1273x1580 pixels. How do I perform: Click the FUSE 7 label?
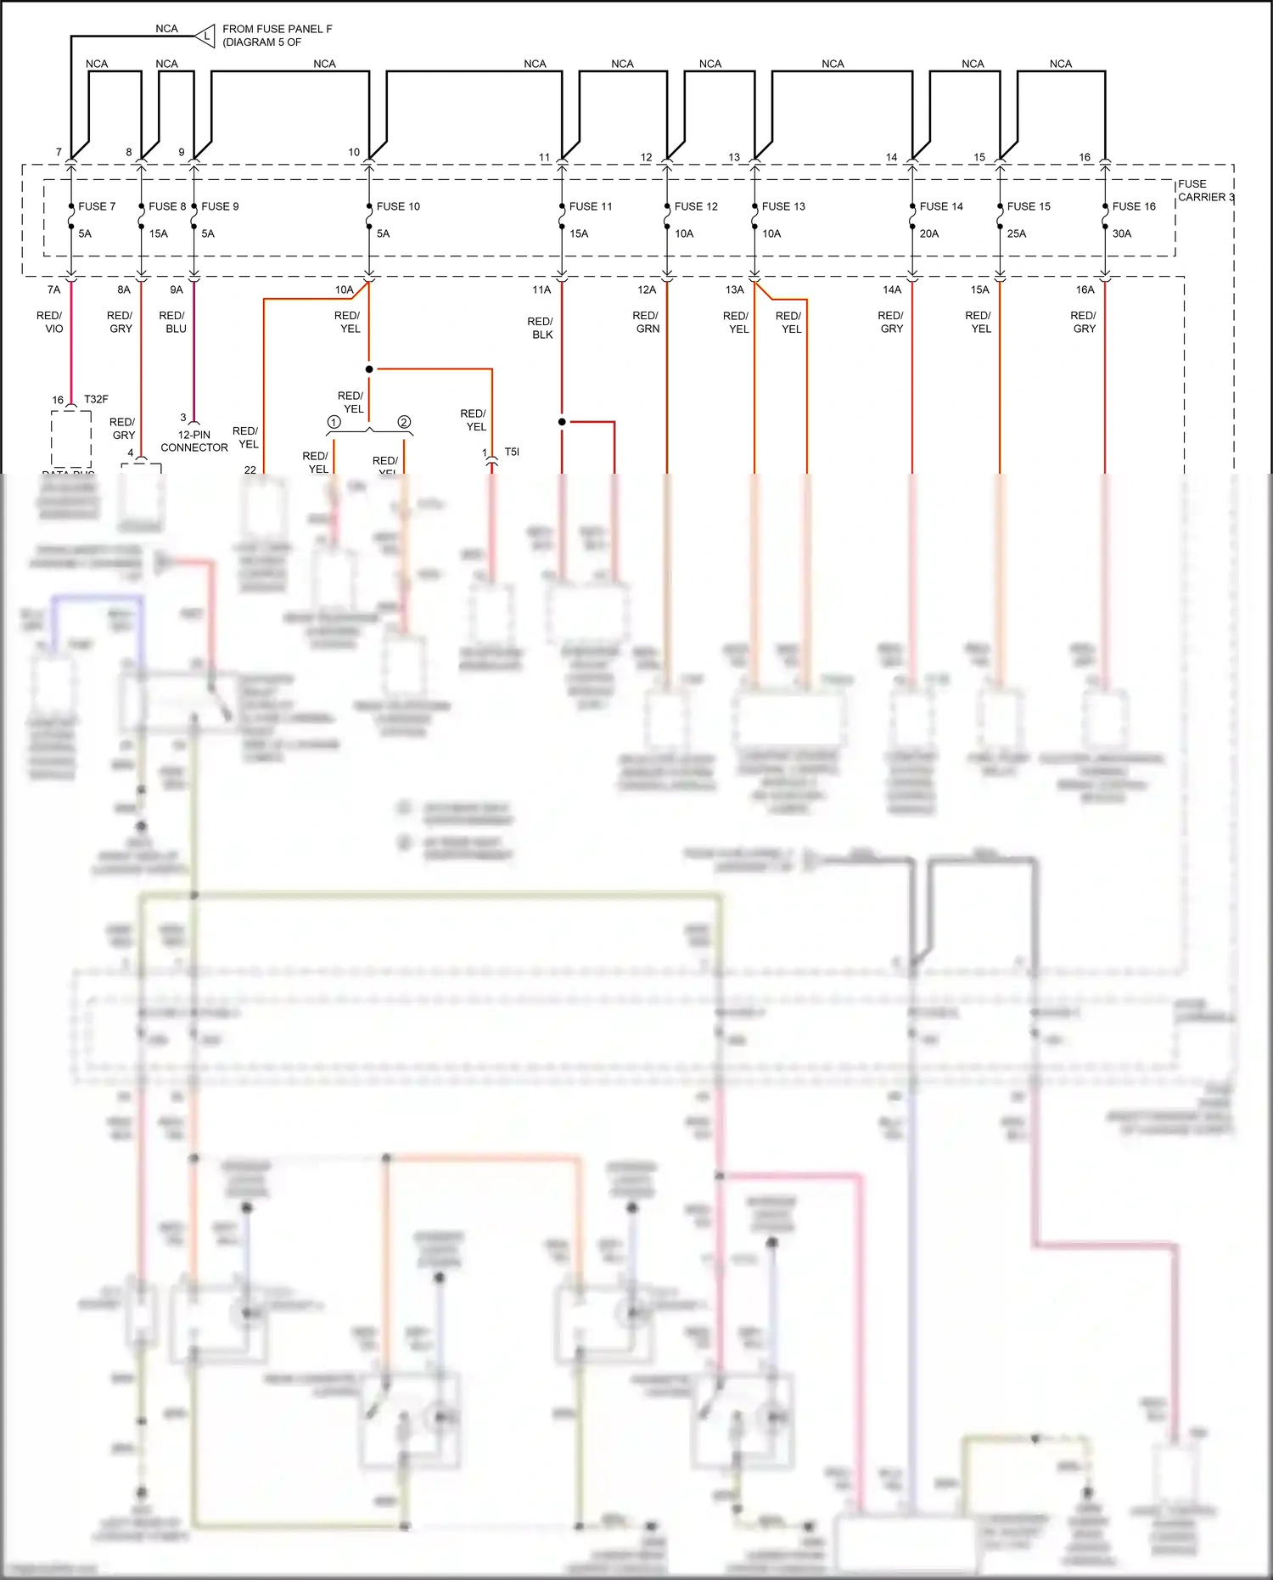click(97, 206)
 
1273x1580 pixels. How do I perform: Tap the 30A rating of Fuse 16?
click(1121, 233)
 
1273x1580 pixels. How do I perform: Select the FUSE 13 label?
click(782, 206)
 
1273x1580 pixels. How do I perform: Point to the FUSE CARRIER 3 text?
click(1205, 190)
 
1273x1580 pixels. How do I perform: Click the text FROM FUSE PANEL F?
click(277, 29)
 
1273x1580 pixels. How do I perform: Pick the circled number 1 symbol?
click(334, 422)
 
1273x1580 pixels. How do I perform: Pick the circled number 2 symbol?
click(404, 422)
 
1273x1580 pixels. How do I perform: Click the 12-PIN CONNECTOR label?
click(194, 441)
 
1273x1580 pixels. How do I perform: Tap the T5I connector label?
click(512, 452)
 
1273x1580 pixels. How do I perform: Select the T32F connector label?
click(96, 399)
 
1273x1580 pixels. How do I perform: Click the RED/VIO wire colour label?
click(51, 322)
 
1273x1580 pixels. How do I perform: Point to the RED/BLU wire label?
click(172, 322)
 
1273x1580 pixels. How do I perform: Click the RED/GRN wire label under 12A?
click(646, 322)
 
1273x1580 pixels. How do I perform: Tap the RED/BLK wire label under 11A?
click(541, 328)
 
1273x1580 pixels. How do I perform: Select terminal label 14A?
click(891, 290)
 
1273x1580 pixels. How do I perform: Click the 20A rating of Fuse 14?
click(929, 233)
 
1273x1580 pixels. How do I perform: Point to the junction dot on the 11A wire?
click(562, 421)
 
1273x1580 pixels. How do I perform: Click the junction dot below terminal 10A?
click(369, 369)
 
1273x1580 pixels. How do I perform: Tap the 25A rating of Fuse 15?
click(1016, 233)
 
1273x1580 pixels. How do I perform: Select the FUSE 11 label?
click(590, 206)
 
